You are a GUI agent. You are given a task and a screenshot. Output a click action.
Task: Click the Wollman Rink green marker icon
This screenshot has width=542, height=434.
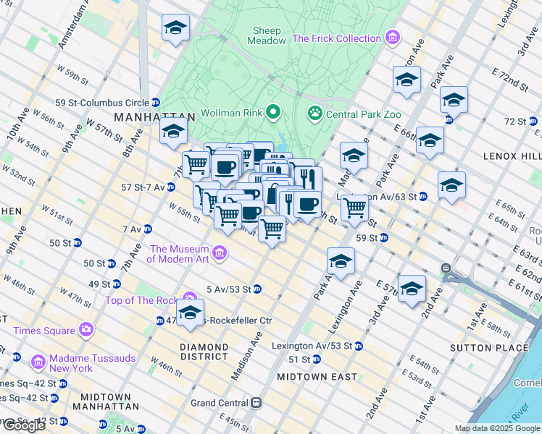[x=273, y=112]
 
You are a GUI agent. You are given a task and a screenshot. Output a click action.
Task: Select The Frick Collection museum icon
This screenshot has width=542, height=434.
[x=393, y=37]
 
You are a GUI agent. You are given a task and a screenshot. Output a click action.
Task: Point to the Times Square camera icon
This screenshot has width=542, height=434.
[x=86, y=330]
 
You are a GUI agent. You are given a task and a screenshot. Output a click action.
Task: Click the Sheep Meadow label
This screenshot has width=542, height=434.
[x=269, y=35]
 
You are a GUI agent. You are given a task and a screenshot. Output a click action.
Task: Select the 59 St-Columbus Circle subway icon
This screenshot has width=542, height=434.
[x=156, y=103]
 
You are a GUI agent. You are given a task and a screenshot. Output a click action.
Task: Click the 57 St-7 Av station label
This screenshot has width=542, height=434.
[x=143, y=187]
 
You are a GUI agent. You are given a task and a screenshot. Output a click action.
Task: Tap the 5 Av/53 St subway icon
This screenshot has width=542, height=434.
[x=257, y=289]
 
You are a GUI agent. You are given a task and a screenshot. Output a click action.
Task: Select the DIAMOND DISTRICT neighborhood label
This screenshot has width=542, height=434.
[x=204, y=352]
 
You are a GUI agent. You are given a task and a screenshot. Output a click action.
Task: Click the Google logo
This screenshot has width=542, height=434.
[x=23, y=425]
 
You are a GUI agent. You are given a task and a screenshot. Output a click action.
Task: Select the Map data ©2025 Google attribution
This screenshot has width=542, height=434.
[x=497, y=428]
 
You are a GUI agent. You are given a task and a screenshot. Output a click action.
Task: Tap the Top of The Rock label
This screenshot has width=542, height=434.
[x=141, y=300]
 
